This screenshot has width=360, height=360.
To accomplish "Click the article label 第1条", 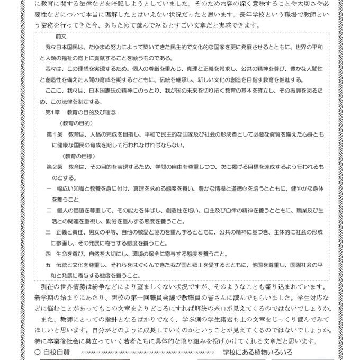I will coord(55,134).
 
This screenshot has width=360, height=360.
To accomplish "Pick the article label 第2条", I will coord(55,166).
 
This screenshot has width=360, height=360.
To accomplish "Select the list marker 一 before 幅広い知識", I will coord(49,188).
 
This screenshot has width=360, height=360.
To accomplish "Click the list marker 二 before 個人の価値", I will coord(49,210).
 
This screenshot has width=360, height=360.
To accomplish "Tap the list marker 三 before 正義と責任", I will coord(49,231).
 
